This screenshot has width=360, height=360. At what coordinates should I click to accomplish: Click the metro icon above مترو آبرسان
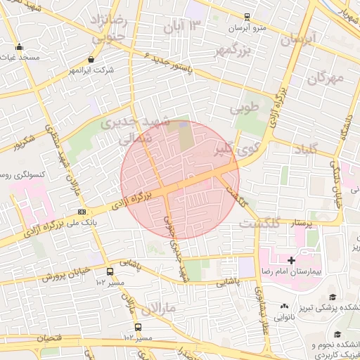(x=246, y=17)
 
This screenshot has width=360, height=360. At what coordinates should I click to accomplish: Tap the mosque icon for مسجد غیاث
(x=19, y=49)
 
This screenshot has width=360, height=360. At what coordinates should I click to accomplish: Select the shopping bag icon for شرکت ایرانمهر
(x=92, y=60)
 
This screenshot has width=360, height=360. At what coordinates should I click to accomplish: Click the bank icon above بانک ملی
(x=82, y=212)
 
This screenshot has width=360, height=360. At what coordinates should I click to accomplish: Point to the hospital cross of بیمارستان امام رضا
(x=291, y=260)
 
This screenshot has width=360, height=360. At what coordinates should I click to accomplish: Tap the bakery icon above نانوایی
(x=284, y=306)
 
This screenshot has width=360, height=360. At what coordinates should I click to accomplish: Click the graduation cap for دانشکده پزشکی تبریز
(x=332, y=297)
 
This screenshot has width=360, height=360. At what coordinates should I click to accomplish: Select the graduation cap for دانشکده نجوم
(x=337, y=335)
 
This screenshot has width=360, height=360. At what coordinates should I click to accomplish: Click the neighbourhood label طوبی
(x=250, y=109)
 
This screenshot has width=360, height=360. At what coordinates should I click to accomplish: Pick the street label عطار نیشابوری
(x=260, y=309)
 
